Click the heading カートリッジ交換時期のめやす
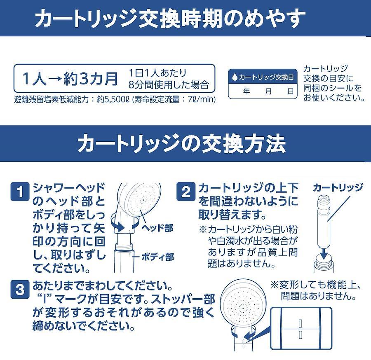coord(170,18)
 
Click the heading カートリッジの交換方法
coord(181,143)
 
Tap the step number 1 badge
coord(20,192)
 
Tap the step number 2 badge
coord(186,192)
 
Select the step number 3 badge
coord(20,290)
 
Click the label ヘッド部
coord(157,228)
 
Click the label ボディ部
coord(157,257)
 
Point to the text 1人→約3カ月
coord(70,78)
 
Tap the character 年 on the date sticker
coord(247,91)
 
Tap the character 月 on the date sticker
coord(268,91)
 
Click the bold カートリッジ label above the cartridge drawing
coord(338,187)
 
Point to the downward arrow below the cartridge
coord(324,254)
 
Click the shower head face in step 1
coord(143,200)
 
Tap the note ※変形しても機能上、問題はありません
coord(316,290)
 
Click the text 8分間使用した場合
coord(169,84)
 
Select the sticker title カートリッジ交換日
coord(266,77)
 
